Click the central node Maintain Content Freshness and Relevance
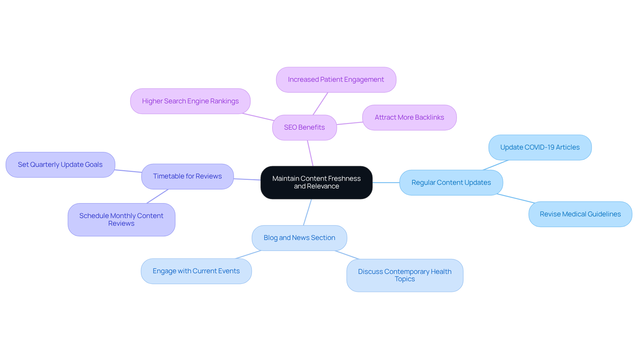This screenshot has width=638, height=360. (x=316, y=182)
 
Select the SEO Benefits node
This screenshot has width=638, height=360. (x=304, y=128)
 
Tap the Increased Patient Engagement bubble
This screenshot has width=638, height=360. (x=336, y=80)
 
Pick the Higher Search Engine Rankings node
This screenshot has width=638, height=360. (x=190, y=101)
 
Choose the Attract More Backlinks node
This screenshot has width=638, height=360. (x=409, y=118)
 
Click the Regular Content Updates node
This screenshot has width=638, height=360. (x=451, y=182)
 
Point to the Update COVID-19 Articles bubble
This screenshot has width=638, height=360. (x=540, y=147)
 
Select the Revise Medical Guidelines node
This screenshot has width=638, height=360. (x=580, y=214)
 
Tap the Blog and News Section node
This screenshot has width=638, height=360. (x=299, y=238)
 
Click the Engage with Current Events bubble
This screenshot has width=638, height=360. (x=196, y=271)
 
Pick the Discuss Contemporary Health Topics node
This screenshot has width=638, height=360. (x=404, y=276)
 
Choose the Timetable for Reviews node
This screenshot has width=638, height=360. (x=187, y=177)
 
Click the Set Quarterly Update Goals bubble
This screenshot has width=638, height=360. (x=60, y=165)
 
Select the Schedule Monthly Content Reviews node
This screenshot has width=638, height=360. (x=121, y=220)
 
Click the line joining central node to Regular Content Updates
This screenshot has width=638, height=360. (x=386, y=182)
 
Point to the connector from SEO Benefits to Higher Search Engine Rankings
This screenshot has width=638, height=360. (x=259, y=117)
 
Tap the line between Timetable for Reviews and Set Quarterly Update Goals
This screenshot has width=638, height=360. (x=128, y=171)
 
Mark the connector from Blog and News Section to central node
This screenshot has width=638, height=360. (x=307, y=212)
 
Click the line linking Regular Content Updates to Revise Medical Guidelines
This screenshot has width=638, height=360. (x=516, y=198)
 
